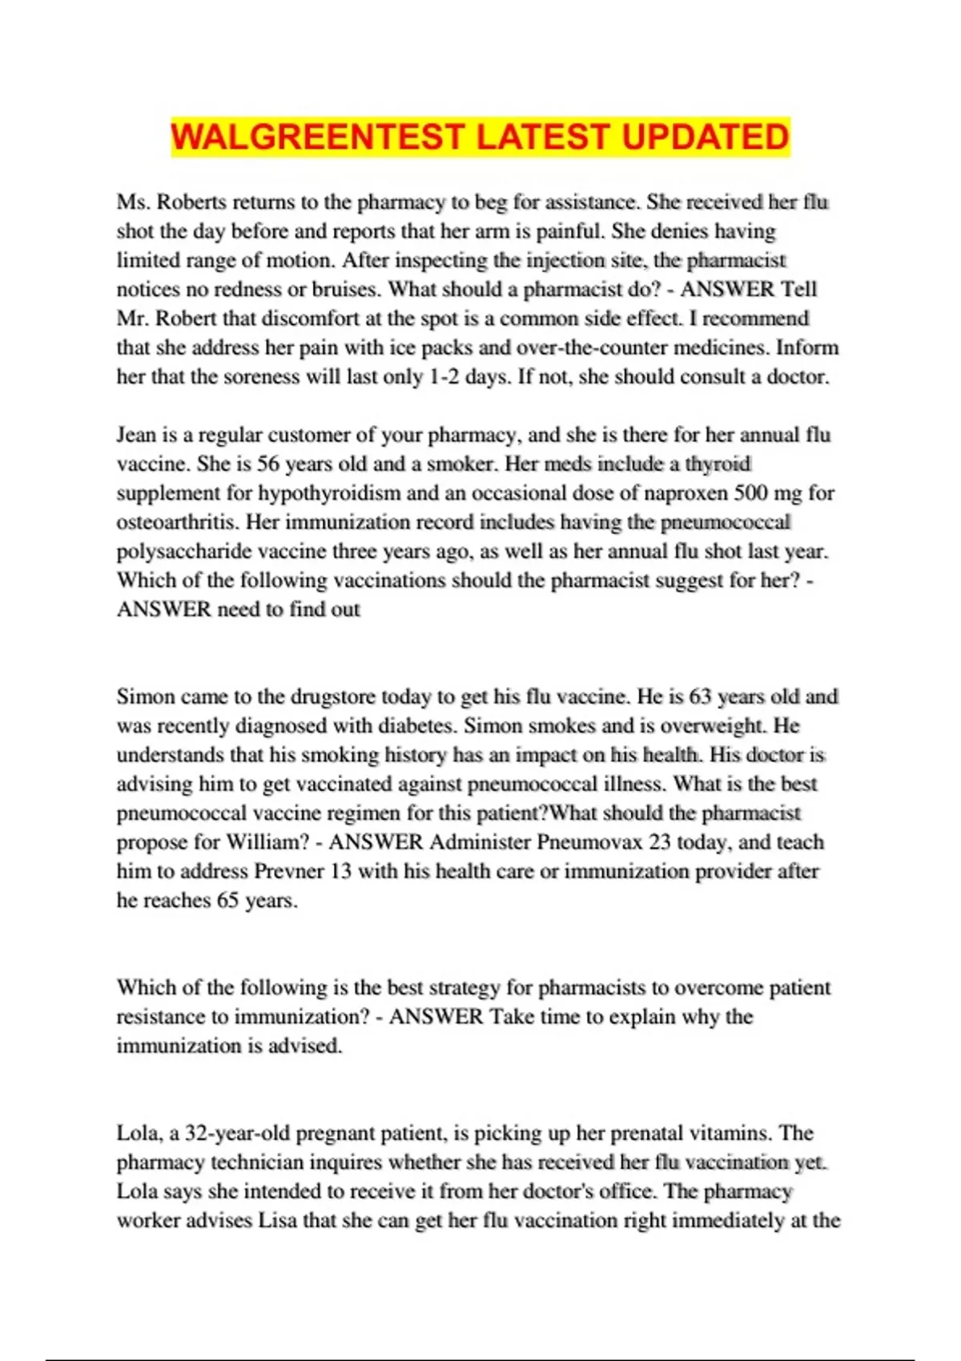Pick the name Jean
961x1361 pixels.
136,435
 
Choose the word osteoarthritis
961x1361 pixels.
178,522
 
